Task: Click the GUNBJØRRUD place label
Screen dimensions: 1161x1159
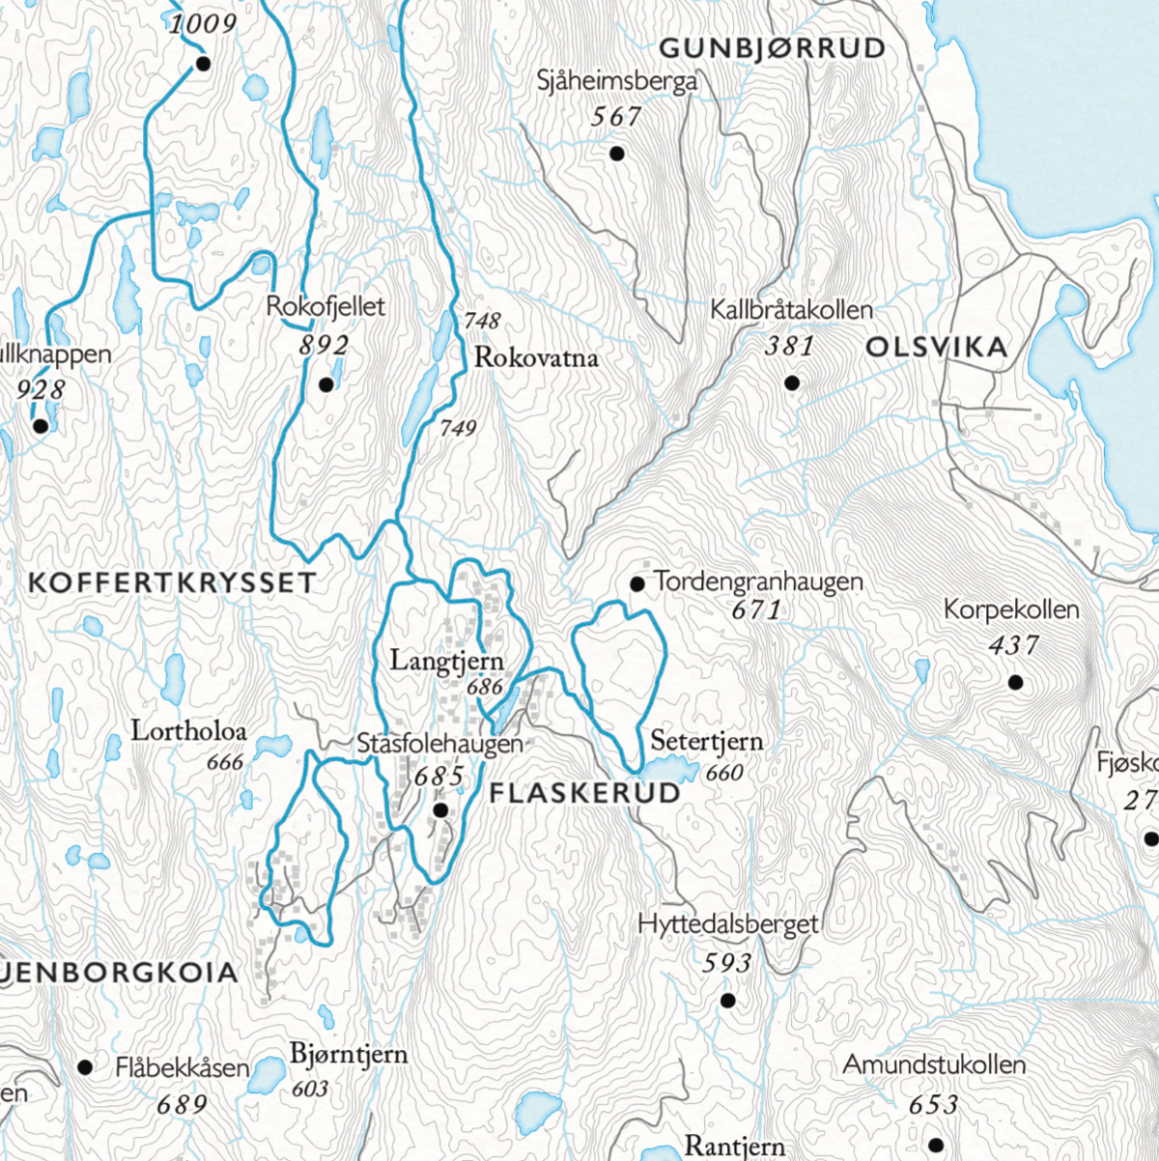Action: coord(772,48)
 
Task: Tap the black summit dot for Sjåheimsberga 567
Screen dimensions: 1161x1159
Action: coord(617,153)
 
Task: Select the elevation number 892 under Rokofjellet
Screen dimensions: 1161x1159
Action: coord(323,345)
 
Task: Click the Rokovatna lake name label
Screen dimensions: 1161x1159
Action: coord(536,358)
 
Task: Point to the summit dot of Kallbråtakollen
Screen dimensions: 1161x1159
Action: coord(792,383)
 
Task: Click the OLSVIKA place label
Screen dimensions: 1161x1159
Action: coord(936,348)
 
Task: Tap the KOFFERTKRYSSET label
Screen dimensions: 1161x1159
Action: coord(172,582)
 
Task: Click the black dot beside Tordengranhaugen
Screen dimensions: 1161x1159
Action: coord(637,583)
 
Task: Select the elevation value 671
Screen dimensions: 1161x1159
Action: coord(756,610)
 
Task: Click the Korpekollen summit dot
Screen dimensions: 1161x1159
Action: coord(1015,683)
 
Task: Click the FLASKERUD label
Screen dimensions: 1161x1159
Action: coord(585,794)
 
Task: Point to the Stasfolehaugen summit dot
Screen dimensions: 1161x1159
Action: coord(439,810)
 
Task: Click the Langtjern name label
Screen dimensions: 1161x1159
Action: coord(446,662)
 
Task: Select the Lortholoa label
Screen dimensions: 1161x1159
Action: coord(189,730)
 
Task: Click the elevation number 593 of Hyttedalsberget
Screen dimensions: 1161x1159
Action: coord(726,963)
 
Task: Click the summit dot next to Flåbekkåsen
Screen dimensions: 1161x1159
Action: coord(85,1067)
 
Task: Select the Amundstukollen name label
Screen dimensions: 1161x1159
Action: coord(934,1065)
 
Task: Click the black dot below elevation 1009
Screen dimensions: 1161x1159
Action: coord(203,65)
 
